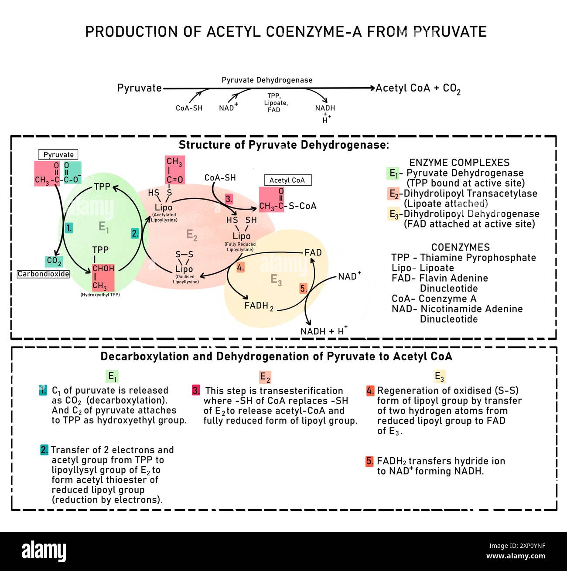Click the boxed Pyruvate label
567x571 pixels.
point(58,155)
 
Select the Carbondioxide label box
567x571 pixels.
point(43,274)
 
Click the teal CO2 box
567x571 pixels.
point(54,261)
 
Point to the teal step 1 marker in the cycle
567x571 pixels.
point(68,228)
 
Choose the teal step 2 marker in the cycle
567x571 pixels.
point(135,233)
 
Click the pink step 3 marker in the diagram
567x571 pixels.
point(229,199)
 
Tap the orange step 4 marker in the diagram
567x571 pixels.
point(240,268)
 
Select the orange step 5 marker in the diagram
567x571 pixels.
point(304,288)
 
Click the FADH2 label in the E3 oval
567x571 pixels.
point(259,306)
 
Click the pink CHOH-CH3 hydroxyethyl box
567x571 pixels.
point(103,277)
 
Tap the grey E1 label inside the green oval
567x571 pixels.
point(104,227)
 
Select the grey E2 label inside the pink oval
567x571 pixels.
point(192,235)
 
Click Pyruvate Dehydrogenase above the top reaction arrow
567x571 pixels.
point(267,80)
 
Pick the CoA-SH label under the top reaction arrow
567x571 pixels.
point(189,108)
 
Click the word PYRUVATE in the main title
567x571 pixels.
point(450,32)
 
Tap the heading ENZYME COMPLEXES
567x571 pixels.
point(459,163)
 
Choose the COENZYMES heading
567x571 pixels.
point(460,247)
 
